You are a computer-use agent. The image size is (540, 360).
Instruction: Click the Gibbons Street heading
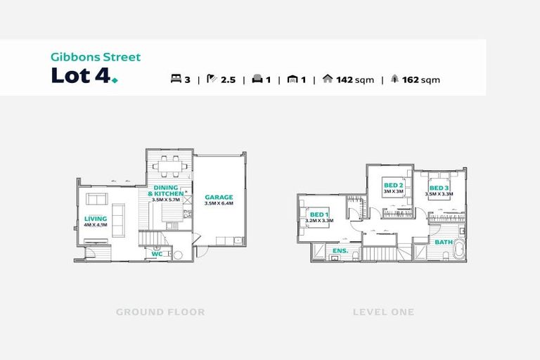point(96,57)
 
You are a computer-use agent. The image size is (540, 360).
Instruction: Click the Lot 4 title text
point(82,75)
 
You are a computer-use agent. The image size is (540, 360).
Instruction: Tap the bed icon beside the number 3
point(176,79)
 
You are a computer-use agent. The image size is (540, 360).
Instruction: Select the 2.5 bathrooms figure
point(228,80)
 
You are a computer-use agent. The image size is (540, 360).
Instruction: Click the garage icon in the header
point(292,79)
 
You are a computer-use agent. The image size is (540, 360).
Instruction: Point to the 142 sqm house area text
point(355,80)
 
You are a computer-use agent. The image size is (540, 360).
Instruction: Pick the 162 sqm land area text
point(421,80)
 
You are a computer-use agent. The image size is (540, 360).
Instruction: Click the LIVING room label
point(96,219)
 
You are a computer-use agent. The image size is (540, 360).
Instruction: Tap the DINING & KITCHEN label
point(166,191)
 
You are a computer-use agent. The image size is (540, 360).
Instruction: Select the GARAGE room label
point(219,198)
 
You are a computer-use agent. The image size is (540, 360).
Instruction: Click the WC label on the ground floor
point(157,255)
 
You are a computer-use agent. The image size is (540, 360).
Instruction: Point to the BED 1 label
point(319,214)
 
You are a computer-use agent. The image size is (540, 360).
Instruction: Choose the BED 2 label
point(394,186)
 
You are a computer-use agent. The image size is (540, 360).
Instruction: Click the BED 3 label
point(439,188)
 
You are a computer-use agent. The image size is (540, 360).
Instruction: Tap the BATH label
point(444,242)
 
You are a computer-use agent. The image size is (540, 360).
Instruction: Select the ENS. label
point(340,251)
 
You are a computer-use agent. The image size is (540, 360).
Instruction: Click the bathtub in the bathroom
point(459,249)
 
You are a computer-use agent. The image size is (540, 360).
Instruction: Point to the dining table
point(169,166)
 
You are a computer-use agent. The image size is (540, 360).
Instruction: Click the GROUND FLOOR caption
point(160,312)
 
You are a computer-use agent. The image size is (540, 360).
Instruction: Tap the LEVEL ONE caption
point(384,312)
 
